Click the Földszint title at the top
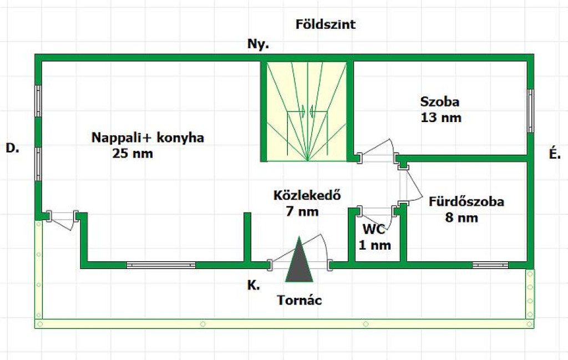(325, 24)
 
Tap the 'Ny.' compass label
(258, 44)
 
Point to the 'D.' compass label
(12, 148)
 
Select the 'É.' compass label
(555, 153)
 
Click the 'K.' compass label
(253, 285)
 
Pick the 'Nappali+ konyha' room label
(148, 138)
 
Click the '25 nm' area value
(133, 153)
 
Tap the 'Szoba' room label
(440, 102)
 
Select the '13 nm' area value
(441, 118)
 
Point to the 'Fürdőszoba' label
(466, 201)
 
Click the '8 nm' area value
(461, 217)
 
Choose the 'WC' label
(374, 229)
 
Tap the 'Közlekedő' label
(307, 195)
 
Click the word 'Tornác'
(299, 300)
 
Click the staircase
(307, 111)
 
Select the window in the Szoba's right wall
(530, 111)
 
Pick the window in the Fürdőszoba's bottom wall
(490, 265)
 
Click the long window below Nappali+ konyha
(161, 265)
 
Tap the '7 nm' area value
(302, 211)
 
